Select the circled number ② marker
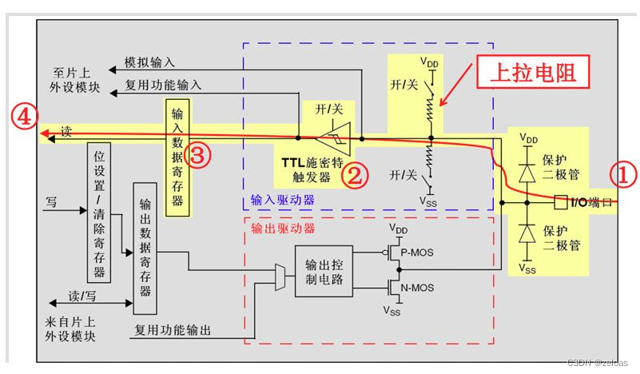tap(354, 174)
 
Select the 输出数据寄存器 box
tap(145, 249)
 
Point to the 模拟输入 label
tap(150, 62)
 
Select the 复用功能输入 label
tap(164, 84)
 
